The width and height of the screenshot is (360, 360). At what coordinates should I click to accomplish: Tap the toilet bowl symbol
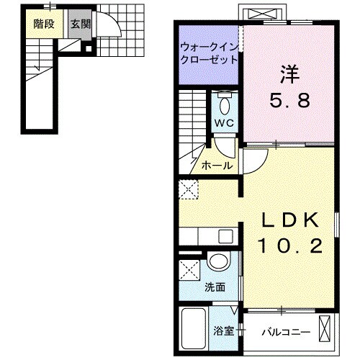click(224, 104)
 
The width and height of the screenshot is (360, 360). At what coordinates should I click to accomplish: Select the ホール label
click(216, 165)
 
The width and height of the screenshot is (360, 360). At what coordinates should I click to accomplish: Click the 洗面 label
click(215, 287)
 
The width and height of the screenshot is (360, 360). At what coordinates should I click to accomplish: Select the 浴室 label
click(222, 332)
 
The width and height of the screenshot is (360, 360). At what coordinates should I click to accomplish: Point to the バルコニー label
click(284, 332)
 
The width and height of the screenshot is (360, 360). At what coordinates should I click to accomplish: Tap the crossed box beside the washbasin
click(191, 271)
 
